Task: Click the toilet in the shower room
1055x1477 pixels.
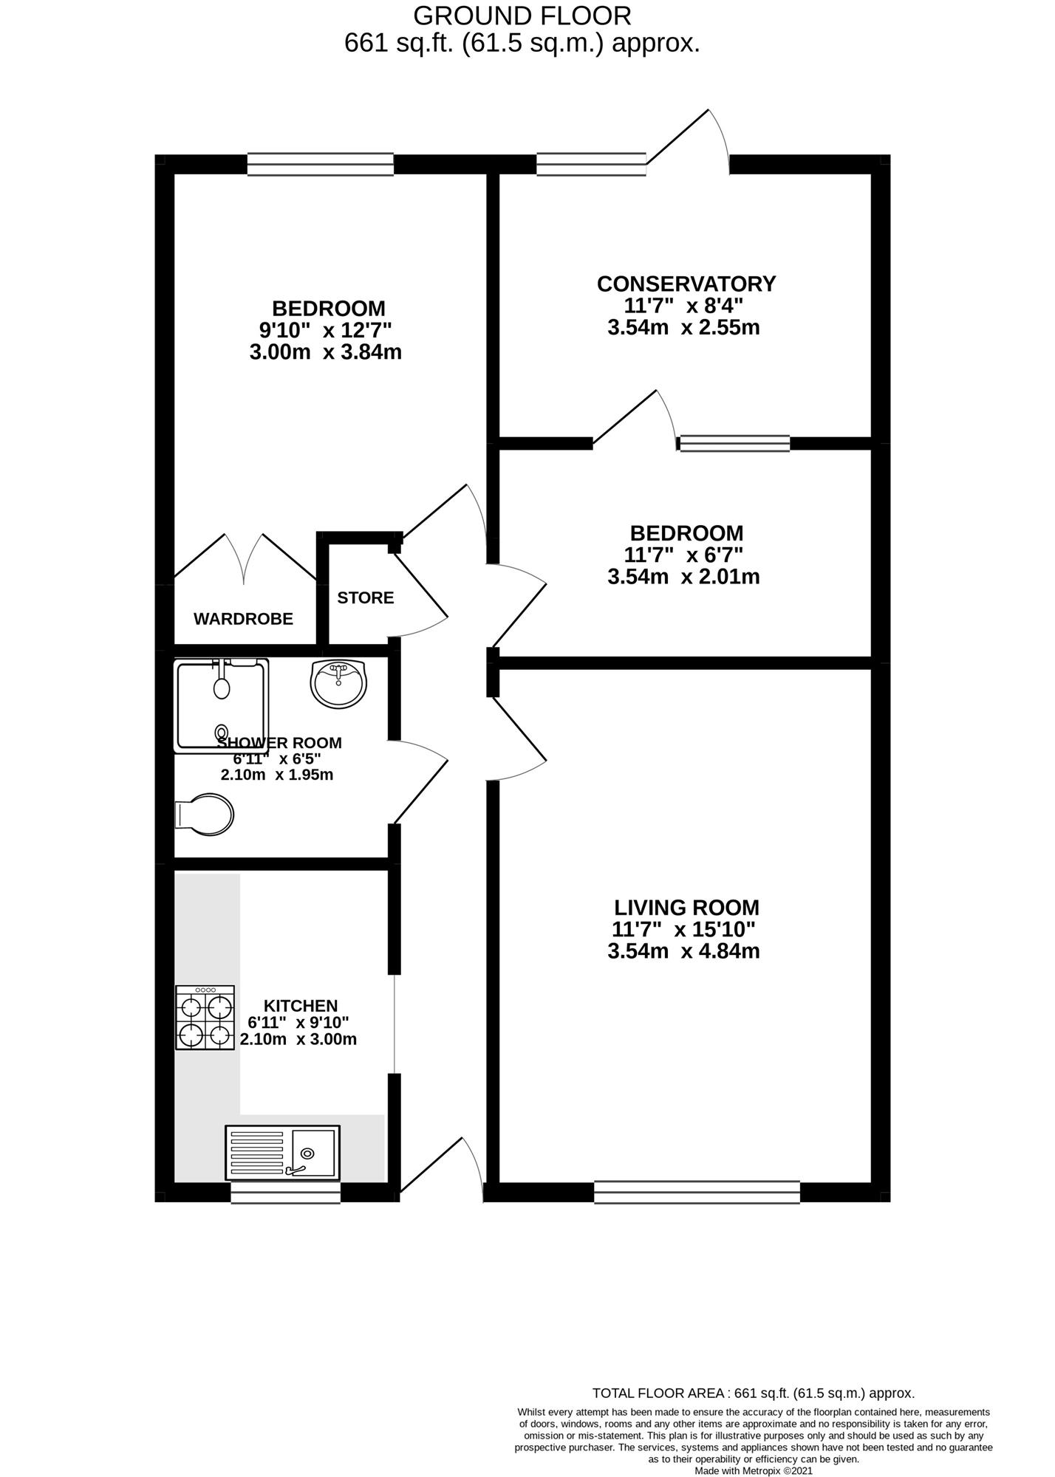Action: point(205,815)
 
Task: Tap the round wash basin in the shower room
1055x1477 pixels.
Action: point(338,684)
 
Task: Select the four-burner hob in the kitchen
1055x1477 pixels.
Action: point(205,1017)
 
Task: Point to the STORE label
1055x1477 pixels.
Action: point(366,597)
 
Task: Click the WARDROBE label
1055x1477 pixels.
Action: point(243,619)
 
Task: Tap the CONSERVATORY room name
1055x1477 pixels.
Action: point(686,284)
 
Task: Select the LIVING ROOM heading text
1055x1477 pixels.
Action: point(686,908)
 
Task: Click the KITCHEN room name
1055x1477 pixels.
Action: point(301,1006)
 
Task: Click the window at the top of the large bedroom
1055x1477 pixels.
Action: point(320,164)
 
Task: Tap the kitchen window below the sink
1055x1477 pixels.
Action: point(285,1193)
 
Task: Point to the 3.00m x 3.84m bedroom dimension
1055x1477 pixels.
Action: point(326,352)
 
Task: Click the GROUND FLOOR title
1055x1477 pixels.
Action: point(522,16)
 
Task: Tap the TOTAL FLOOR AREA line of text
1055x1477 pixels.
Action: point(754,1394)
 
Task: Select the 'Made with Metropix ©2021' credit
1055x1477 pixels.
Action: point(754,1470)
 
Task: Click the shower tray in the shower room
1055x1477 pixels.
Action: point(221,705)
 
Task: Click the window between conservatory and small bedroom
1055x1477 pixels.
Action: point(734,443)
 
